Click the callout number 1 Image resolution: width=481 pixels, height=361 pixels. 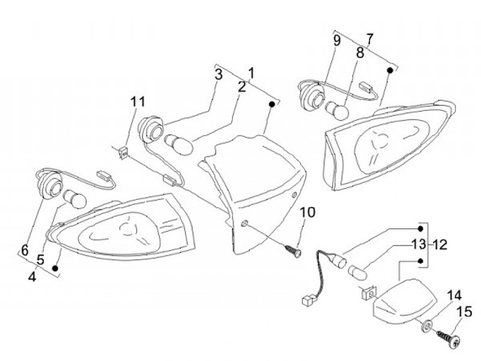point(251,72)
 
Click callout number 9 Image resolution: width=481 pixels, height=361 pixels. point(337,40)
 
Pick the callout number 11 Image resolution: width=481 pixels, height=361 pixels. point(138,101)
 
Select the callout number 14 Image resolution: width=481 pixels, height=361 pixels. point(454,295)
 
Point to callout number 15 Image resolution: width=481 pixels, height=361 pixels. point(464,311)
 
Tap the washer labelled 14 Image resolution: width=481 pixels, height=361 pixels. point(426,327)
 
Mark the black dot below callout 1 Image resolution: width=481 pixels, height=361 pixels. point(272,104)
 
